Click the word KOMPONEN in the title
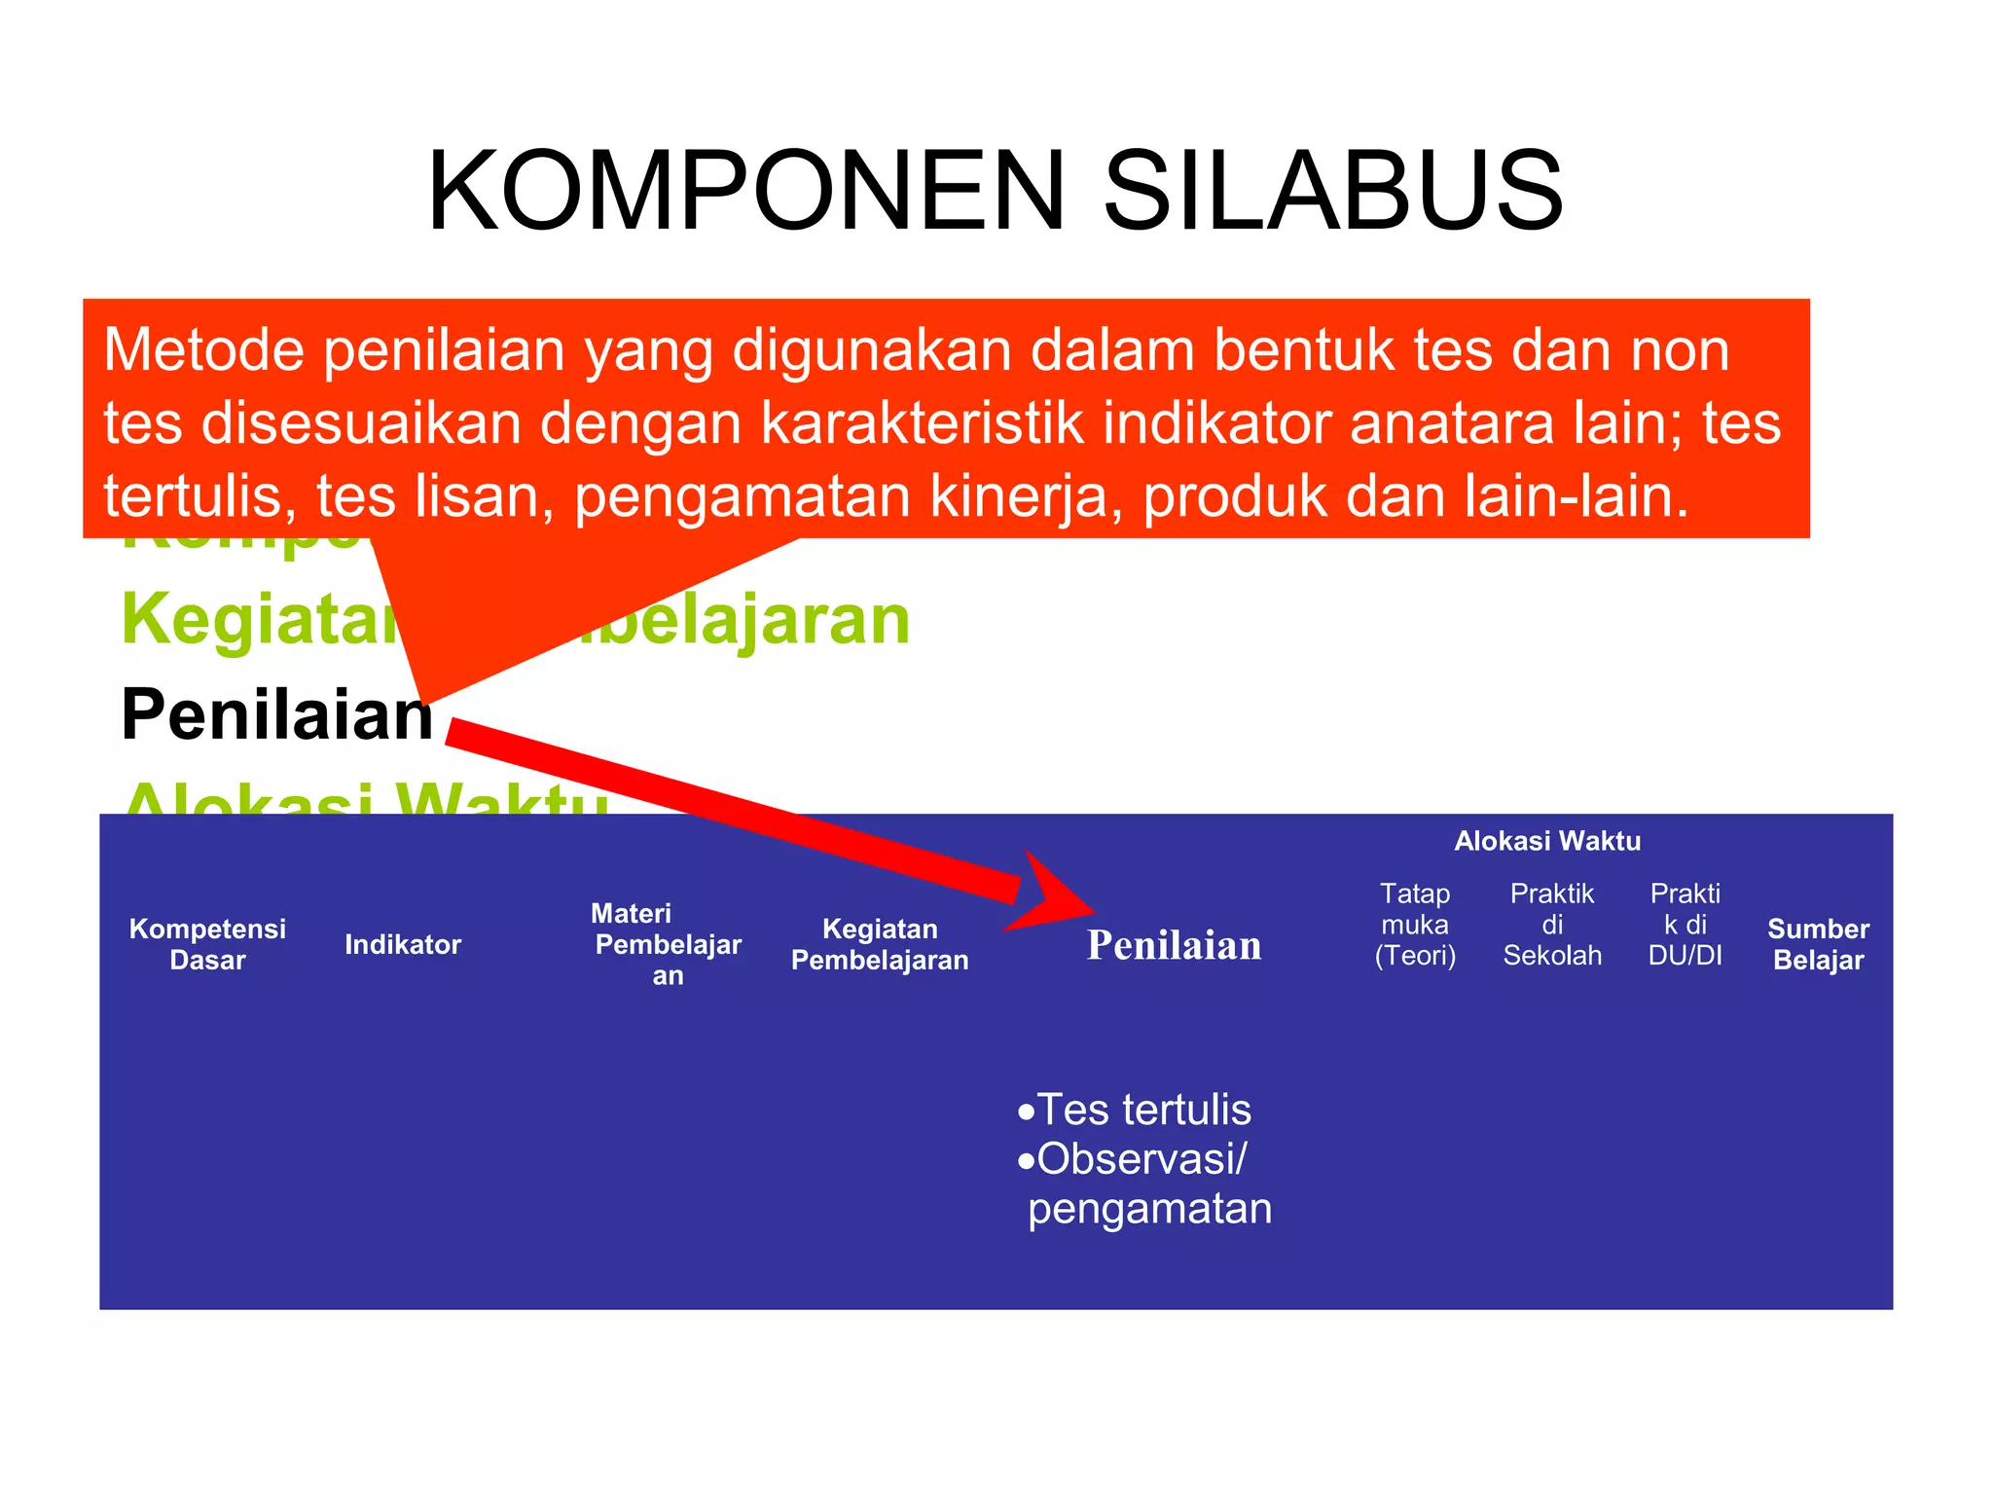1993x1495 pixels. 746,191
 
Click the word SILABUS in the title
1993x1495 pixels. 1332,191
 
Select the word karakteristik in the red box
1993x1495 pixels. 921,423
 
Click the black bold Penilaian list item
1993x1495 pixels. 276,714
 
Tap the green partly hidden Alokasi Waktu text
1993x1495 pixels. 365,798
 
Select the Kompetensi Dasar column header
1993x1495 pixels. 207,944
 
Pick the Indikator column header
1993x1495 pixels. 403,944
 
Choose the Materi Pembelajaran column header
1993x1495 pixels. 667,944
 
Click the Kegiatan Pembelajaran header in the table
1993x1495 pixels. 880,944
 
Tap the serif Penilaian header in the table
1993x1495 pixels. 1174,945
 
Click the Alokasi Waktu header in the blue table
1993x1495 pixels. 1547,841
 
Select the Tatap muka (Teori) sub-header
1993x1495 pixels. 1415,925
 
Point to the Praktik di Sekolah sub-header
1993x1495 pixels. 1552,925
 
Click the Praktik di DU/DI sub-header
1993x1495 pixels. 1685,925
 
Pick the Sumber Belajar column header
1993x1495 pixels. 1818,944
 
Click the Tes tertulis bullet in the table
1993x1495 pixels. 1142,1110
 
